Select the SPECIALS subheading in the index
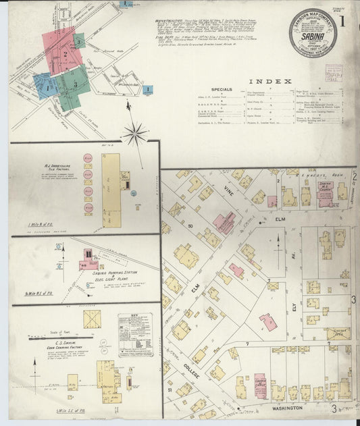tap(222, 89)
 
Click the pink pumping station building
tap(88, 255)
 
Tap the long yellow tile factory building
tap(111, 190)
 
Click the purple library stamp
tap(334, 73)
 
